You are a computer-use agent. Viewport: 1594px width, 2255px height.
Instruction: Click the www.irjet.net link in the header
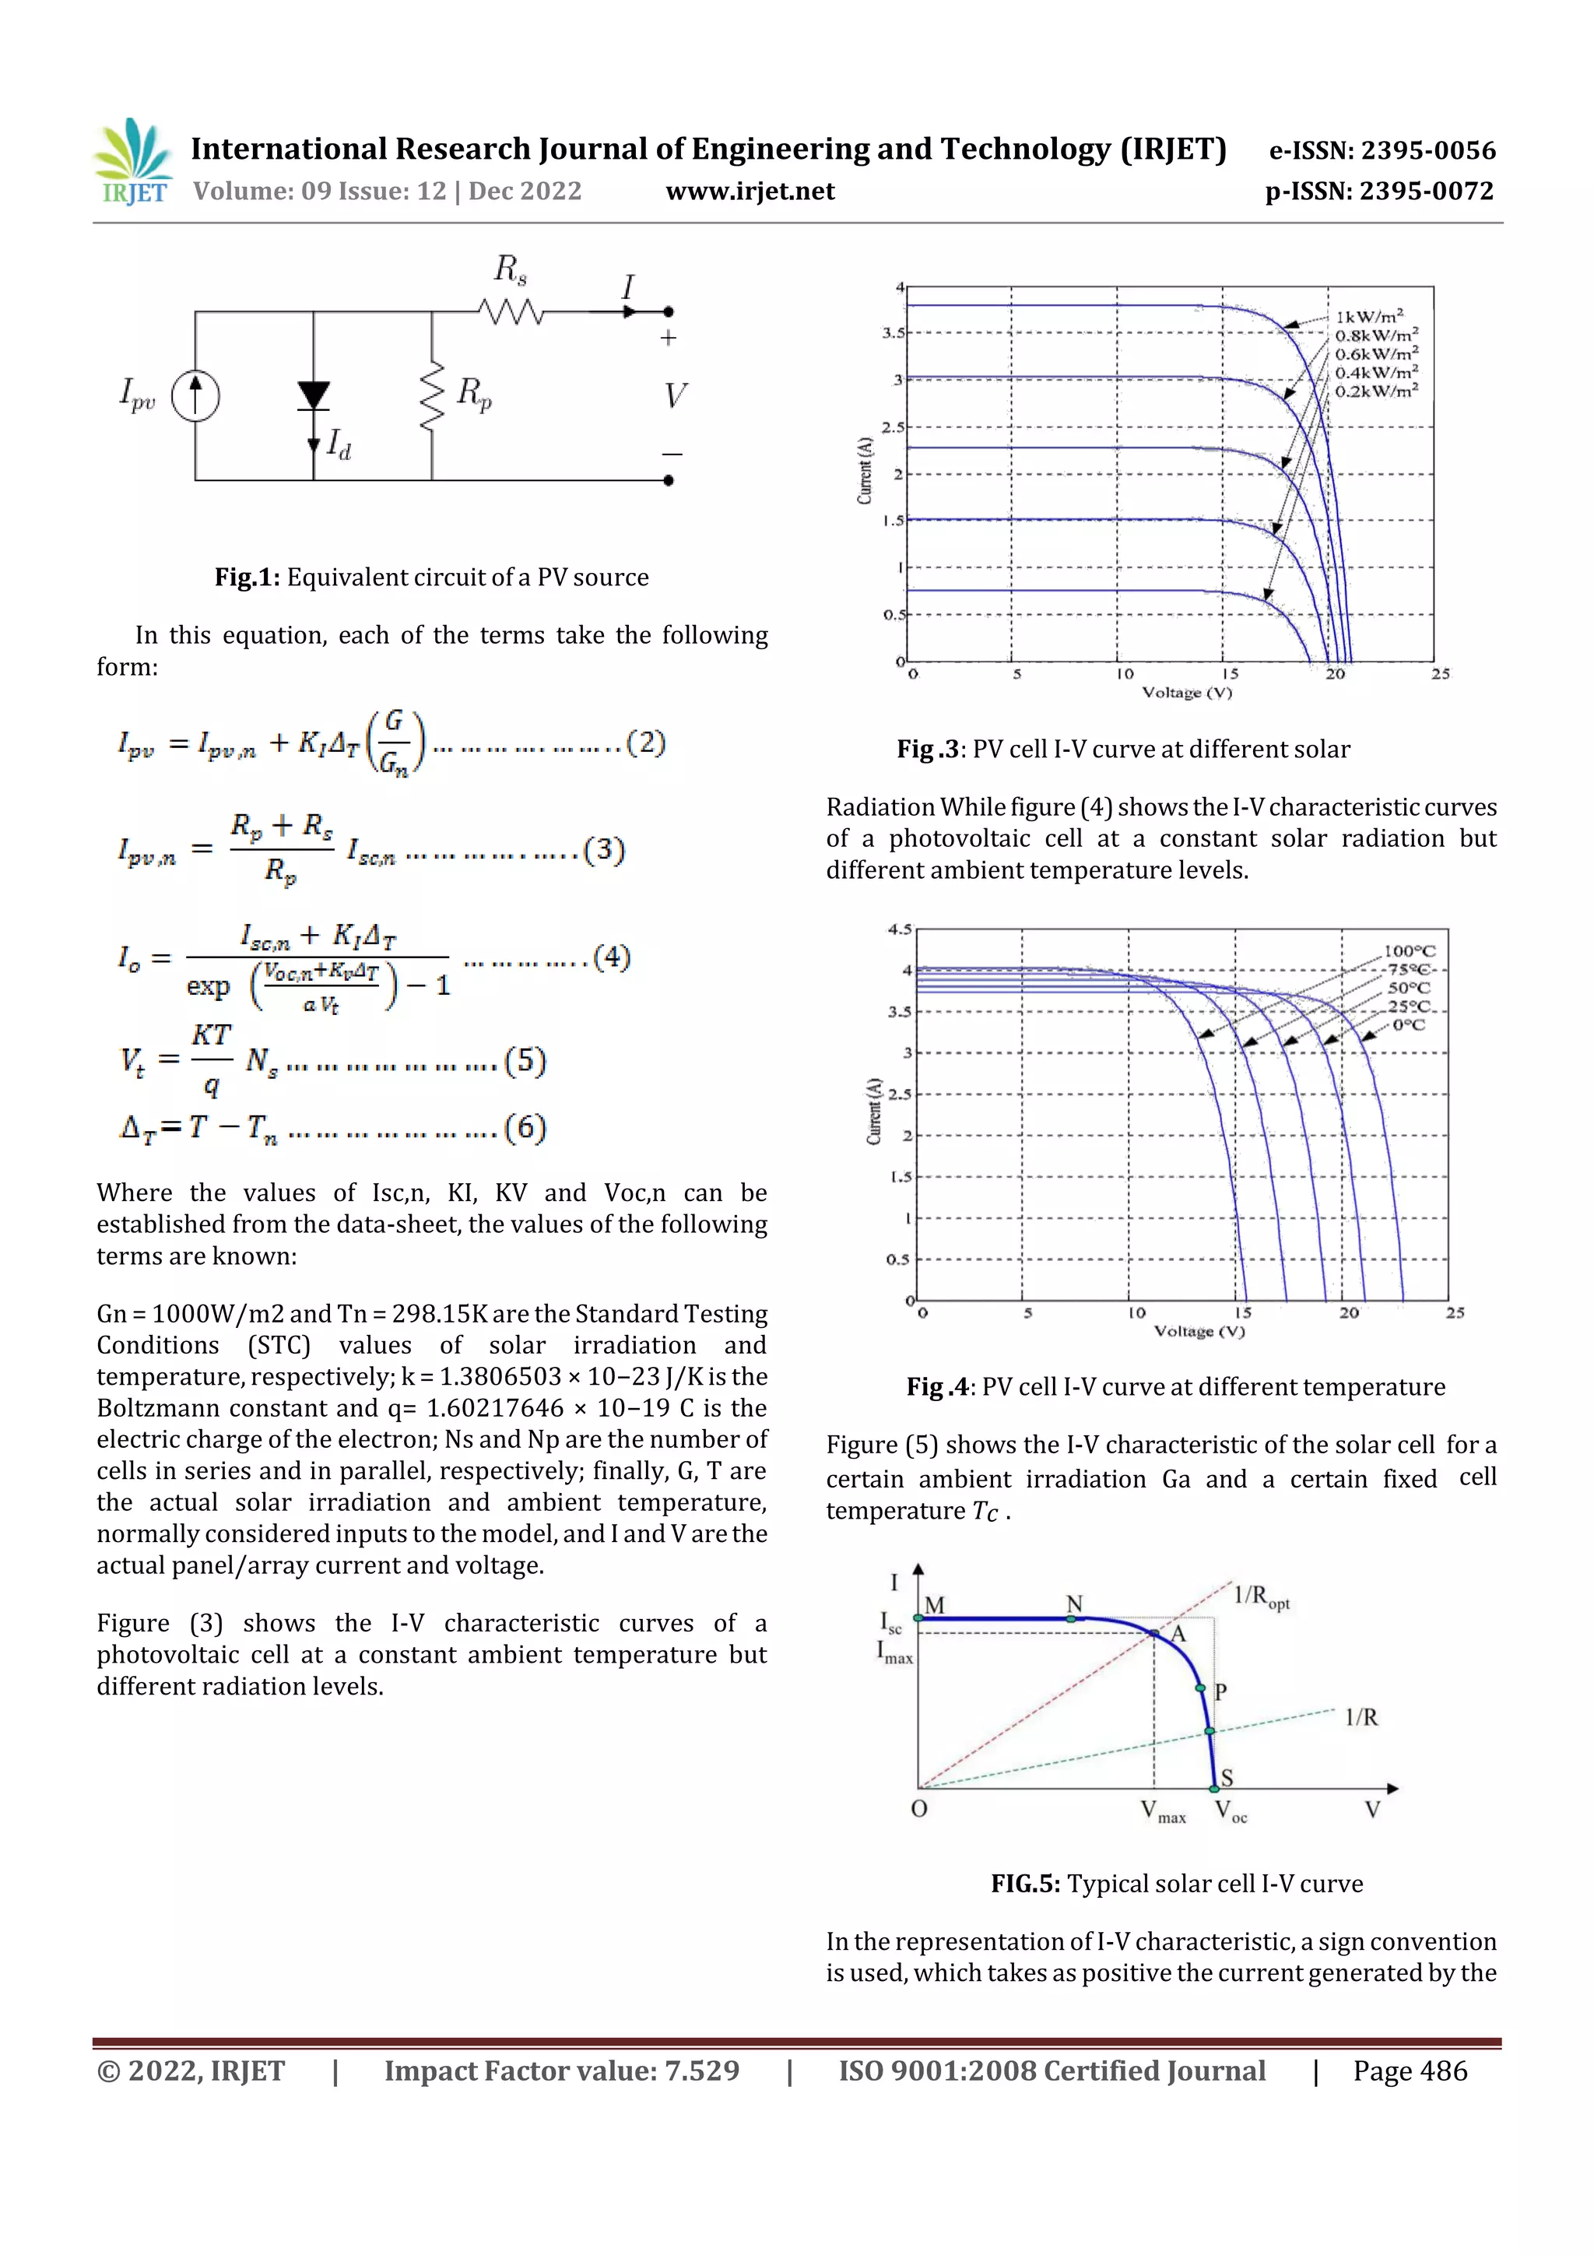point(750,191)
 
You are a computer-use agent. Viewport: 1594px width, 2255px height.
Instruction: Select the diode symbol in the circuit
point(314,395)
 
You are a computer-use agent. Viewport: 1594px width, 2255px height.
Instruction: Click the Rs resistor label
point(510,269)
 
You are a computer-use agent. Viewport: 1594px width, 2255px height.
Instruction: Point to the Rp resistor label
point(474,393)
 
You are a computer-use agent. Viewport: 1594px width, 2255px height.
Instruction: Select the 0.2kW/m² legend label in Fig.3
point(1375,391)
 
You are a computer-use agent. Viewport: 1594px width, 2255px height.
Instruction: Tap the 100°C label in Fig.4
point(1410,950)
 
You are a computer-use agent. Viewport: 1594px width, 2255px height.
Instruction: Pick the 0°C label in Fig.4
point(1409,1024)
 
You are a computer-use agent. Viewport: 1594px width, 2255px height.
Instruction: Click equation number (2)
point(645,742)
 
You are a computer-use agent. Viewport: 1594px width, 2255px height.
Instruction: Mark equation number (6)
point(525,1127)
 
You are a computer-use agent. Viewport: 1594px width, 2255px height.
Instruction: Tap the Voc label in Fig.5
point(1230,1810)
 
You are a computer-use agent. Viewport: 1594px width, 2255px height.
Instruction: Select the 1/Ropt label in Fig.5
point(1260,1596)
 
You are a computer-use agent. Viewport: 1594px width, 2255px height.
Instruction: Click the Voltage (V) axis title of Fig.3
point(1186,693)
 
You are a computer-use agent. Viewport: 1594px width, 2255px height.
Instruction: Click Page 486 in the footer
point(1410,2071)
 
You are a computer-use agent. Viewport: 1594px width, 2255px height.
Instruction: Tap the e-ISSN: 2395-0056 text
point(1382,150)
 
